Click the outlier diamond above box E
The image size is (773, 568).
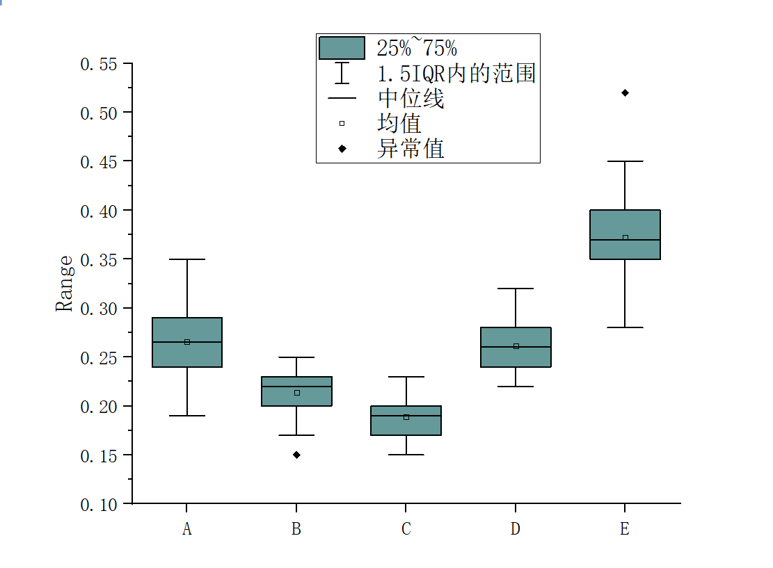coord(625,92)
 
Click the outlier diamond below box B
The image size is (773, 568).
coord(296,455)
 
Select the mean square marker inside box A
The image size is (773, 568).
coord(187,342)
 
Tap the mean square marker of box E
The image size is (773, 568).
coord(625,238)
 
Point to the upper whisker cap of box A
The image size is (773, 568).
coord(187,259)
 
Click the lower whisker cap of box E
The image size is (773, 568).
coord(625,327)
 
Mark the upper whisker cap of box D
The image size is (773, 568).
coord(516,289)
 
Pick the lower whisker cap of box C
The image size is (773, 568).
coord(406,455)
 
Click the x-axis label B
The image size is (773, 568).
coord(296,530)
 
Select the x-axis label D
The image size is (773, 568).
coord(516,530)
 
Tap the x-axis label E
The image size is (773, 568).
coord(625,530)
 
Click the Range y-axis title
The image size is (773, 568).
coord(64,284)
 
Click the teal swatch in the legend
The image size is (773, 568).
coord(342,48)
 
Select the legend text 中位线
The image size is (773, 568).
coord(411,99)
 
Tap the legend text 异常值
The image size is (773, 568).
coord(411,148)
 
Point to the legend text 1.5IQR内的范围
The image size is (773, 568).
coord(456,73)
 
